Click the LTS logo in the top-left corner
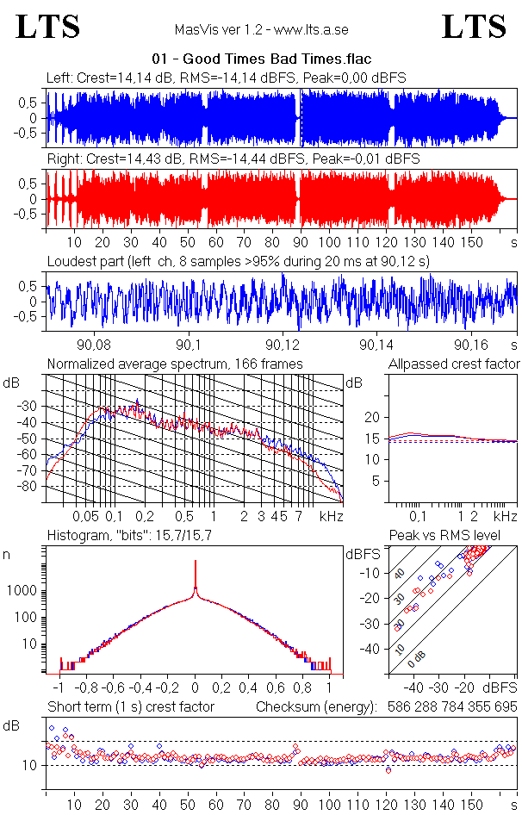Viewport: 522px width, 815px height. click(x=48, y=27)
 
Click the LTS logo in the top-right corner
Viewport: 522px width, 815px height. click(x=474, y=27)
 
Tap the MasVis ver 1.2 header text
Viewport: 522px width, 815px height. click(x=261, y=30)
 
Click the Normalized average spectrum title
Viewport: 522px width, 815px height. click(x=175, y=364)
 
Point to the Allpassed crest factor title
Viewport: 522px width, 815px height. click(x=454, y=364)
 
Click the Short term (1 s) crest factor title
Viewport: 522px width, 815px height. click(x=130, y=706)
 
